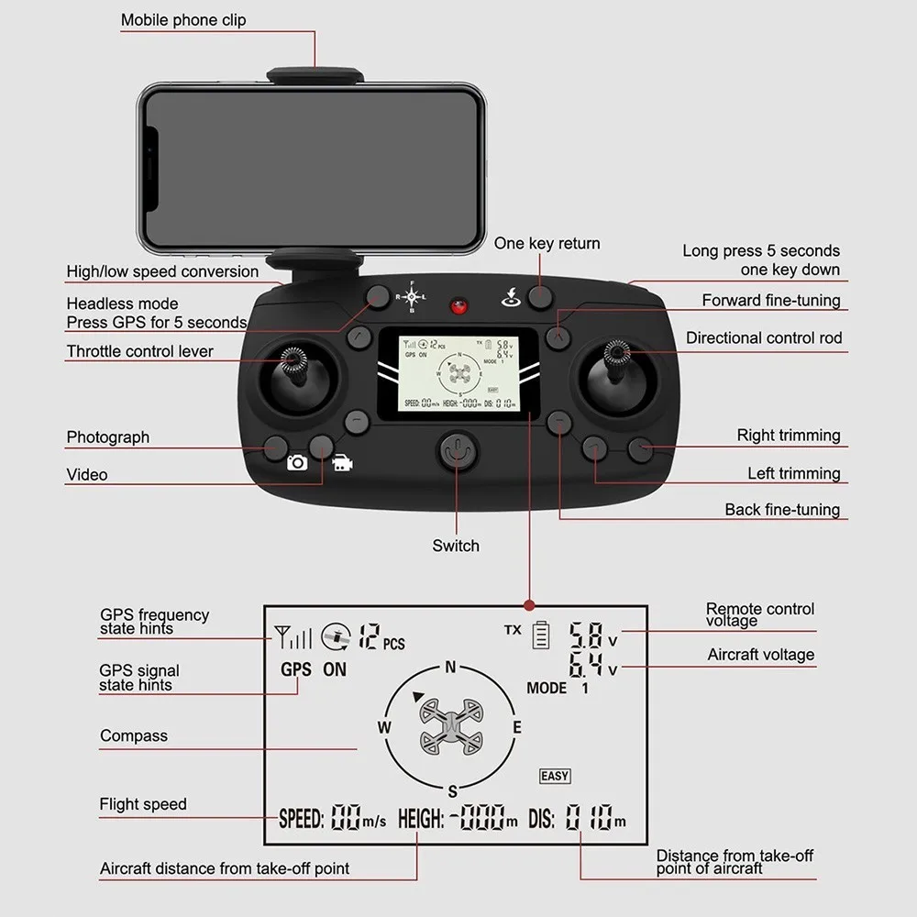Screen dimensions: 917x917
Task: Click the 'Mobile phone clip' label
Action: tap(183, 19)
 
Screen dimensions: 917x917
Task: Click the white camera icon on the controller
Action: tap(297, 463)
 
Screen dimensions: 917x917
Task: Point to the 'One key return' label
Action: tap(547, 243)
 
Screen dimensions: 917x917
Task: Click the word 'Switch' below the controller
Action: tap(456, 546)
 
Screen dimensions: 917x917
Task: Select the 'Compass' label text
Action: tap(134, 735)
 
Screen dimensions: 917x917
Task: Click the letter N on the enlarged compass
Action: tap(450, 667)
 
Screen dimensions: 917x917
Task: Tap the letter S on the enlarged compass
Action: tap(452, 791)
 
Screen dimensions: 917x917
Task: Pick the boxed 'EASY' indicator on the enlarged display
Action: tap(555, 776)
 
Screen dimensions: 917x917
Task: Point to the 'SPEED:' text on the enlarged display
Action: tap(301, 819)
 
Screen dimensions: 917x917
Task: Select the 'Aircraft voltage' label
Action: tap(761, 655)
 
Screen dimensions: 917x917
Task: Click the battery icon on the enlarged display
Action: tap(540, 634)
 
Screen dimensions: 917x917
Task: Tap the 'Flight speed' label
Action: tap(143, 804)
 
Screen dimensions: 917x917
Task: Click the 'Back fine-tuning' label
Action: tap(782, 510)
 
